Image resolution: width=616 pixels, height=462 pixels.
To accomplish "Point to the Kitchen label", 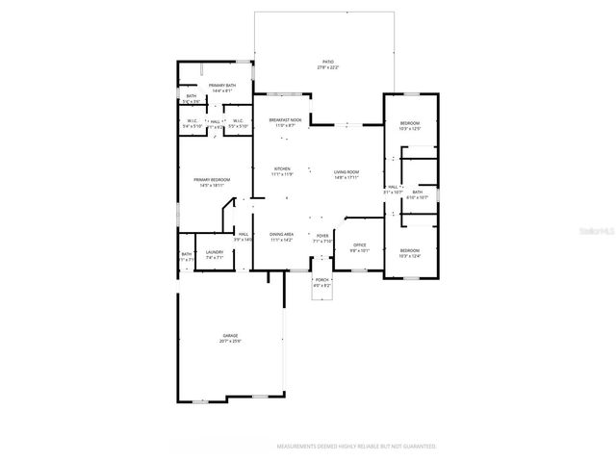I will click(x=282, y=170).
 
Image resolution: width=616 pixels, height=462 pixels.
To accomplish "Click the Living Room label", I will click(x=346, y=173).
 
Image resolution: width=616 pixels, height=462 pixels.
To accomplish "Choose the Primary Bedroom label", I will click(x=210, y=180).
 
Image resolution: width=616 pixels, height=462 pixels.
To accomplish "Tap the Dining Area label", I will click(x=282, y=234).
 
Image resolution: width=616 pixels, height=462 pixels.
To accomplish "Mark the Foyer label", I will click(x=322, y=234).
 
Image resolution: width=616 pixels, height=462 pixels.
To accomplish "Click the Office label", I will click(x=358, y=245).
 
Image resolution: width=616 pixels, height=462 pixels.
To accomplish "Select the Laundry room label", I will click(x=214, y=253).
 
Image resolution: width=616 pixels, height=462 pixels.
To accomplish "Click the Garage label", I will click(x=230, y=336).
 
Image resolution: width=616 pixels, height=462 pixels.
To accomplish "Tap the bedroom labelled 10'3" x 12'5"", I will click(x=410, y=123).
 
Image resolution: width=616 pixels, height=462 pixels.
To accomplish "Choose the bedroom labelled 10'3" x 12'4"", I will click(x=410, y=252).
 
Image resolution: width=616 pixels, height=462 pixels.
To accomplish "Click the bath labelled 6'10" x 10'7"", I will click(x=417, y=193).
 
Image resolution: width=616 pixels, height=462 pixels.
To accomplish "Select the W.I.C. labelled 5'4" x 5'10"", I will click(x=192, y=123).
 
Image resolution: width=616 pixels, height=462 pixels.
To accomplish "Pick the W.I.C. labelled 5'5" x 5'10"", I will click(x=238, y=123).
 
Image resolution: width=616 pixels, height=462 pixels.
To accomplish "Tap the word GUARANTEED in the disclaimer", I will click(x=416, y=447).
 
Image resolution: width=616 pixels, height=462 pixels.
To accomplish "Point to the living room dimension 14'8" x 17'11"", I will click(x=346, y=178).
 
